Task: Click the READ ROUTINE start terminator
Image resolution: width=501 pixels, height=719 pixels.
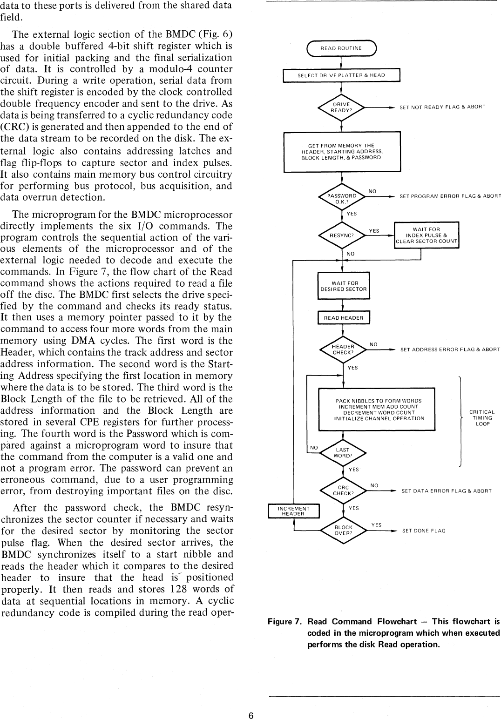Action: coord(342,48)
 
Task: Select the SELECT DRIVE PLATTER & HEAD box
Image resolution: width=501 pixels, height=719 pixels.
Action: coord(342,75)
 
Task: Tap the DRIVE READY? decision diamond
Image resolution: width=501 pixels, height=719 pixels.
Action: coord(342,108)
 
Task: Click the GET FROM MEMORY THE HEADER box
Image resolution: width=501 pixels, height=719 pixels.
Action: coord(342,152)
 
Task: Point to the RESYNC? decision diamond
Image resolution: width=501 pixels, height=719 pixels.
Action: coord(342,235)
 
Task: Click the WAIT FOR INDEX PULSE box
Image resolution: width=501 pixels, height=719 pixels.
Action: coord(427,235)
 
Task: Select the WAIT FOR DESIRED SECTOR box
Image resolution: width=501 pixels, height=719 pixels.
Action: coord(343,286)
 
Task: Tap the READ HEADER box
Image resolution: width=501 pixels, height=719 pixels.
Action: coord(343,318)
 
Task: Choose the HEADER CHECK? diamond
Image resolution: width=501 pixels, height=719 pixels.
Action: coord(343,349)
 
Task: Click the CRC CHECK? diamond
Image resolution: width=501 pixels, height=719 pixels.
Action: coord(343,491)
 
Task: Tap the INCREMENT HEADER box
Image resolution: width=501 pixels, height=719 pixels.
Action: coord(293,511)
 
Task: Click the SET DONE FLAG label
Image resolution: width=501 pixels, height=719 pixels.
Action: coord(424,531)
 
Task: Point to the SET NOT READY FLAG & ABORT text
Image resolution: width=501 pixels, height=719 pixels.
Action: coord(442,107)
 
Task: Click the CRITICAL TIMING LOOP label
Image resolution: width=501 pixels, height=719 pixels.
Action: coord(482,418)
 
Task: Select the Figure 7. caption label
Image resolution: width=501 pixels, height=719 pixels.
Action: coord(286,622)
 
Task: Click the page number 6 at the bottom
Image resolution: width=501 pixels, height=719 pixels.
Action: coord(250,715)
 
